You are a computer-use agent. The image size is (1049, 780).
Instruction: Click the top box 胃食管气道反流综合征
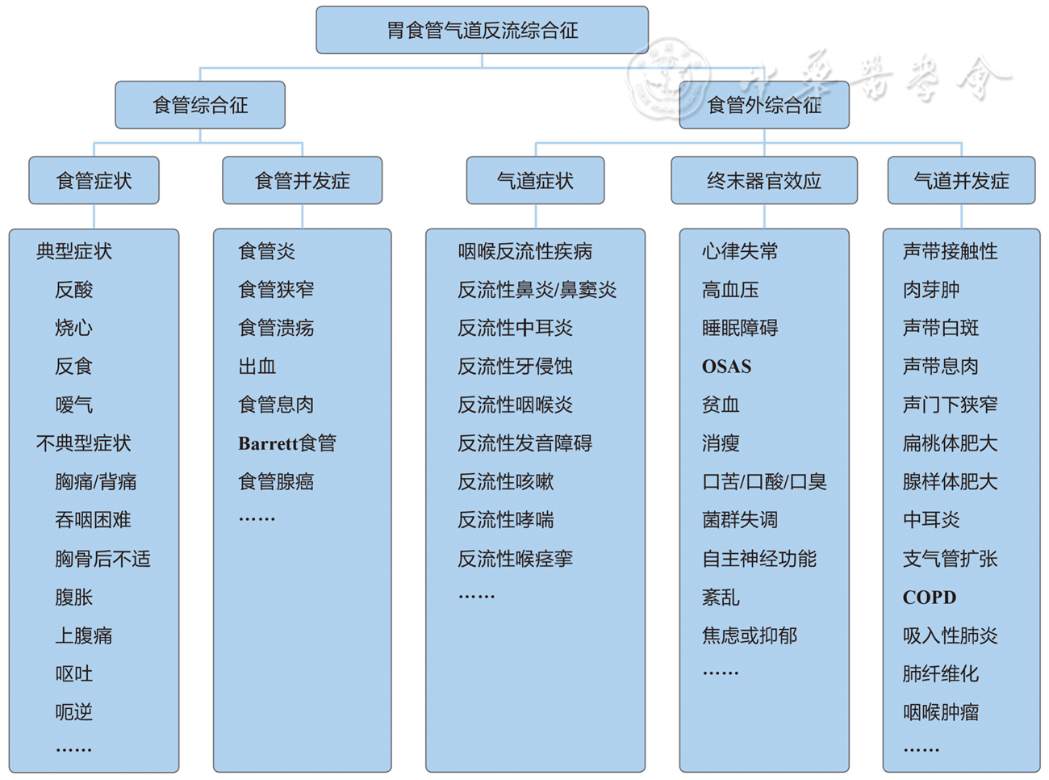coord(482,31)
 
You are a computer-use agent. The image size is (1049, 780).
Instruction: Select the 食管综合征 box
coord(200,105)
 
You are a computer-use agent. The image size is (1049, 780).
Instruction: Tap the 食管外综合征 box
coord(764,105)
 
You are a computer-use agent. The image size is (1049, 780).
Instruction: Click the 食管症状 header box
coord(94,181)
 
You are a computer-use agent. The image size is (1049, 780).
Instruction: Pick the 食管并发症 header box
coord(302,181)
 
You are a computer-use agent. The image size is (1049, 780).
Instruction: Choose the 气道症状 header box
coord(535,181)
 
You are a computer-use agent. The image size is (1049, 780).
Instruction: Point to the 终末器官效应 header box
coord(763,181)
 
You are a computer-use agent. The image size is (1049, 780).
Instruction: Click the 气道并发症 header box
coord(961,181)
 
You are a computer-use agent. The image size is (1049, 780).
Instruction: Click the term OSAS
coord(726,367)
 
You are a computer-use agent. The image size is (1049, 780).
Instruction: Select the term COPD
coord(929,598)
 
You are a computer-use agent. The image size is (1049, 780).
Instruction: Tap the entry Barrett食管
coord(286,443)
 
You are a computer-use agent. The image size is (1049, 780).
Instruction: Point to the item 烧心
coord(73,328)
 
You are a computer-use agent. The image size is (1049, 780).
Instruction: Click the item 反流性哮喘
coord(505,520)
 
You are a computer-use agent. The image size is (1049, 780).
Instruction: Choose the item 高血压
coord(730,290)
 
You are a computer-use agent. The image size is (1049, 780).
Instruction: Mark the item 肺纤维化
coord(940,674)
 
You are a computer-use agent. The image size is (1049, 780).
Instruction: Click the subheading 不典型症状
coord(83,443)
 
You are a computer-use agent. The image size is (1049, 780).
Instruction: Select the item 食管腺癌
coord(276,482)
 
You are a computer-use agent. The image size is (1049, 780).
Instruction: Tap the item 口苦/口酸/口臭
coord(764,482)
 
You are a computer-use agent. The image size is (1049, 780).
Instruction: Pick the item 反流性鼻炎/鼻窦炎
coord(537,290)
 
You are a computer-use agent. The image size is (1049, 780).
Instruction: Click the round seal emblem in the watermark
coord(669,77)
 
